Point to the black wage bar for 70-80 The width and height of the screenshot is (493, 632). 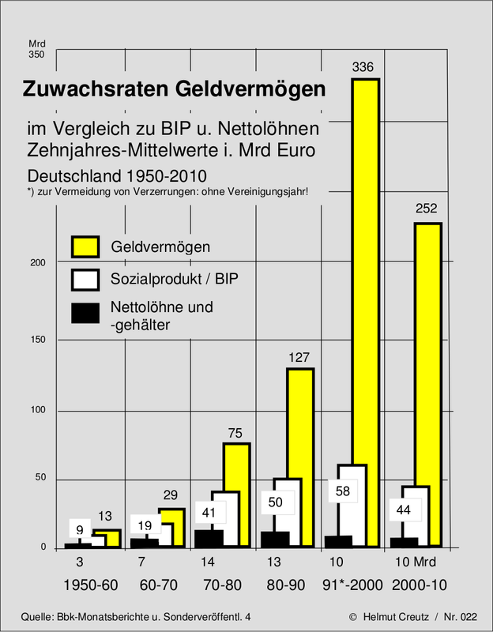[209, 539]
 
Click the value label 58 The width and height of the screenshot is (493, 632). [344, 491]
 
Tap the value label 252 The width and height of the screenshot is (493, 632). [426, 209]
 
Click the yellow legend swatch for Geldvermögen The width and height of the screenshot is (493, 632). [85, 246]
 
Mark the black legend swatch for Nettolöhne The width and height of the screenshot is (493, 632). [85, 313]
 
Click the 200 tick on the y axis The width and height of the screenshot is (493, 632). [37, 263]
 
